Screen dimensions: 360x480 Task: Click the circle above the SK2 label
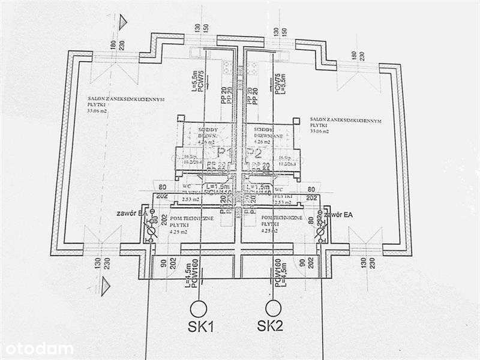pyautogui.click(x=274, y=308)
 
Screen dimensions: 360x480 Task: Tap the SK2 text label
pyautogui.click(x=270, y=328)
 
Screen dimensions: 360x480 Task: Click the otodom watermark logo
pyautogui.click(x=37, y=348)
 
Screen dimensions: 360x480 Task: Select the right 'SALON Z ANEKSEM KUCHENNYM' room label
pyautogui.click(x=346, y=119)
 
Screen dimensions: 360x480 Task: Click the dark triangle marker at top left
pyautogui.click(x=124, y=22)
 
